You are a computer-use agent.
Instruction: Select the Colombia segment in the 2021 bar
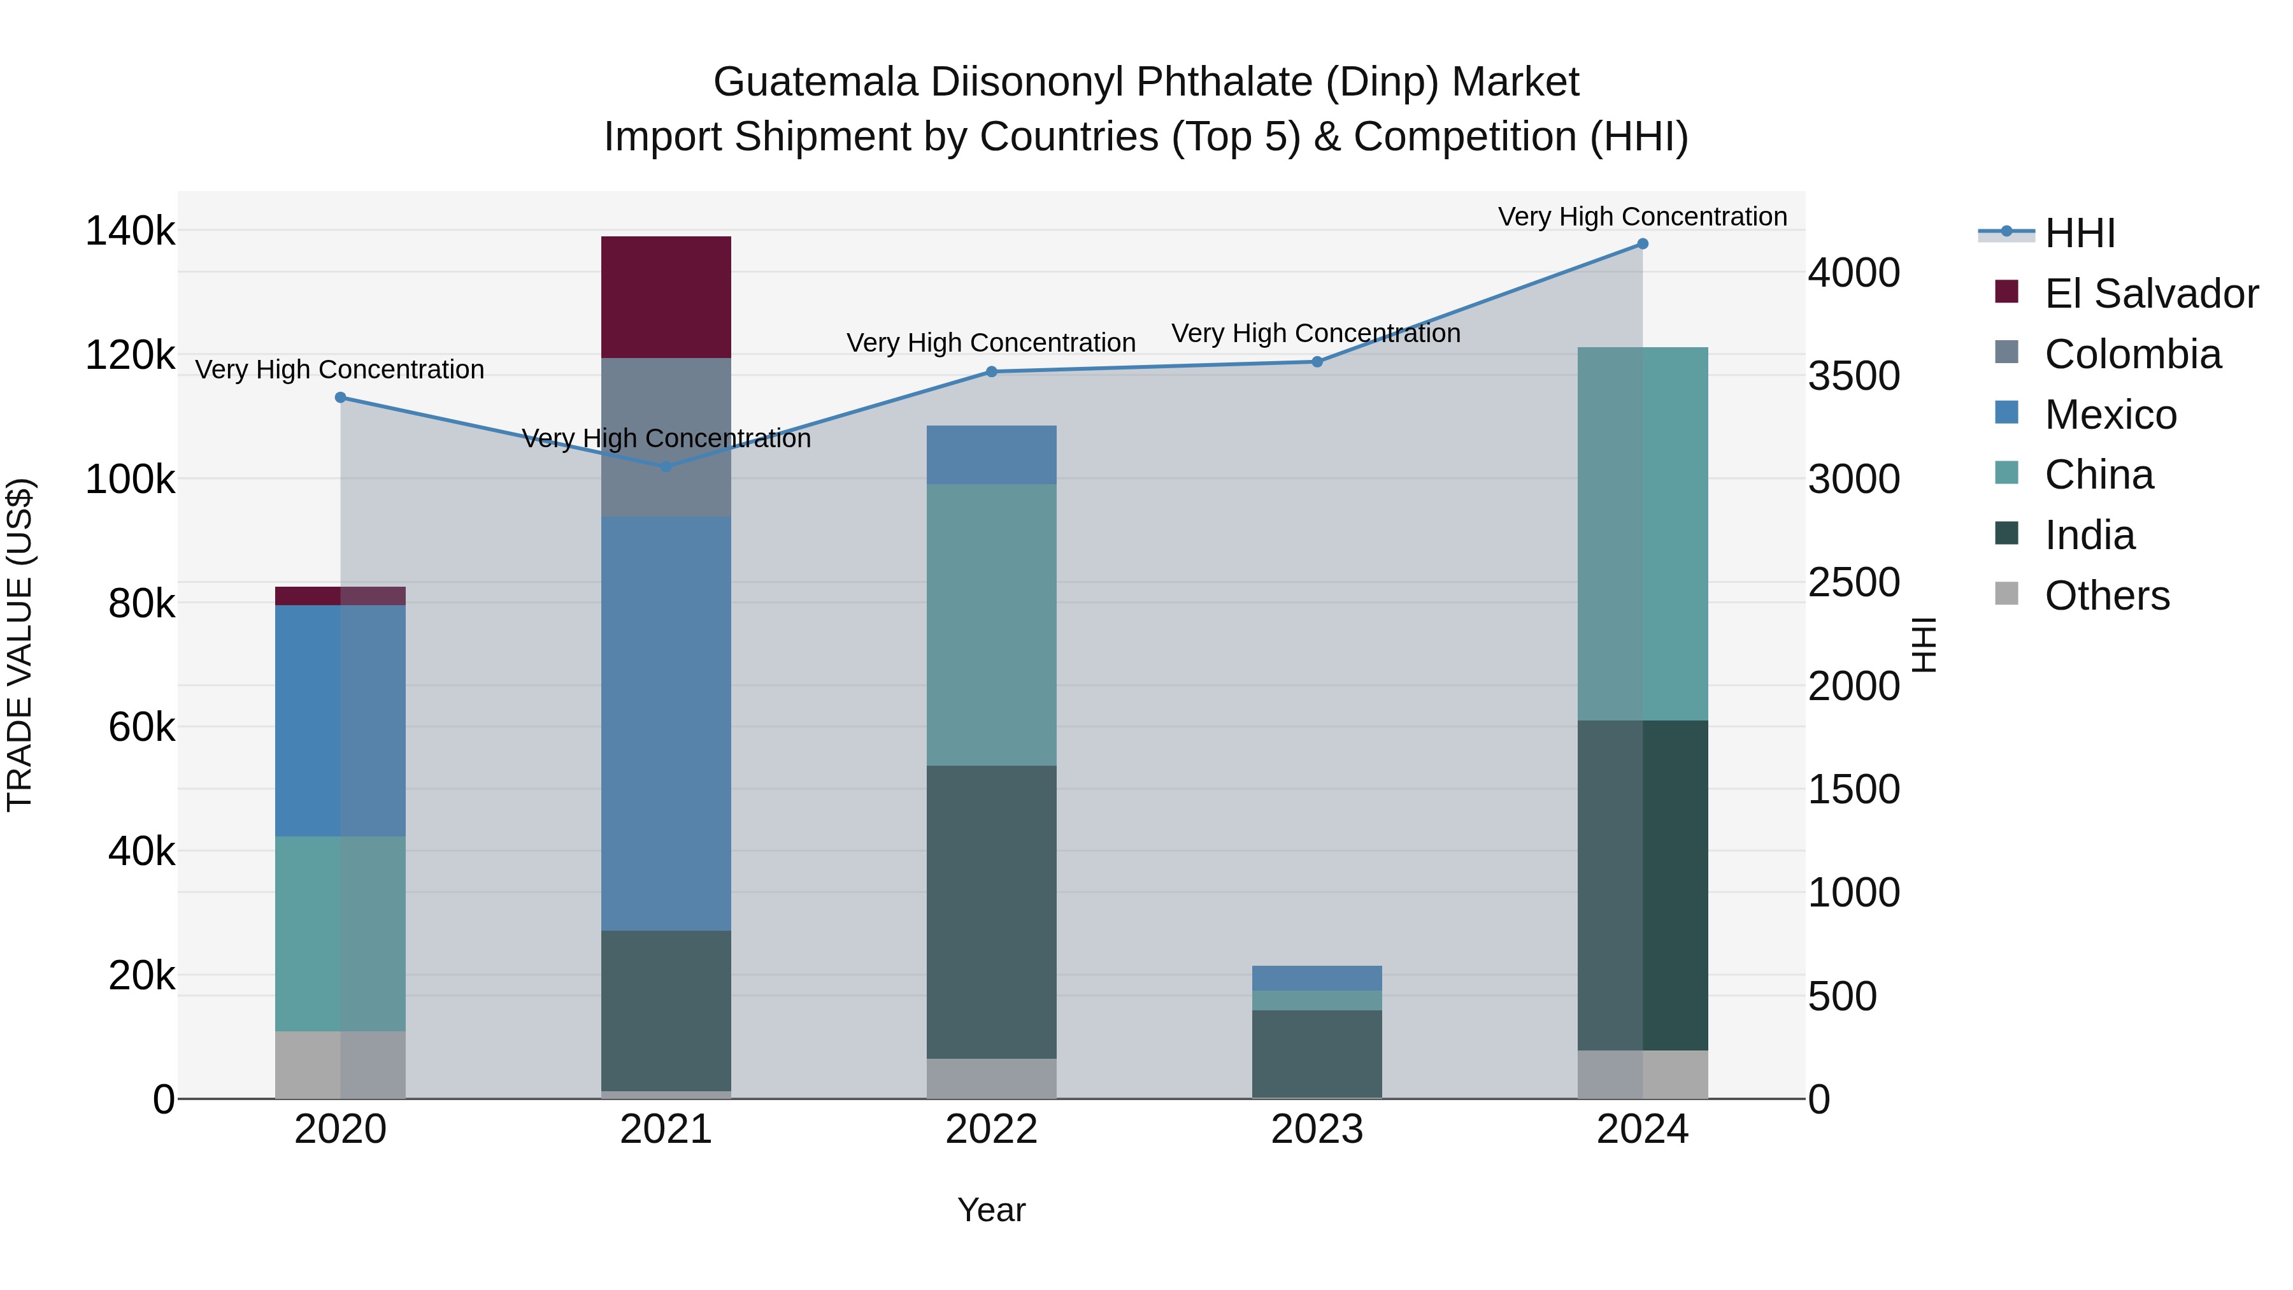666,437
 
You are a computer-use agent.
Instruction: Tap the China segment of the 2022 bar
992,624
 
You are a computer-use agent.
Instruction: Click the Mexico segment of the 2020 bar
340,720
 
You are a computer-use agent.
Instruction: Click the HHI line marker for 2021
666,466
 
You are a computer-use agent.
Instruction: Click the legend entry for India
2089,535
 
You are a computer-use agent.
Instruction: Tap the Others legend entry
2106,596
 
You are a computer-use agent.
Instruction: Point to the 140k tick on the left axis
130,231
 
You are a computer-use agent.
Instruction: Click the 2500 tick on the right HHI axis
1854,583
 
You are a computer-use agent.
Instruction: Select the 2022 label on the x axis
992,1129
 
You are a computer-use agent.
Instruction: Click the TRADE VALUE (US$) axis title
20,645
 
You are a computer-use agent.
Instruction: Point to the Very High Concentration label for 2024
1642,217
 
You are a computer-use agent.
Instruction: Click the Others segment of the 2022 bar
992,1078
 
